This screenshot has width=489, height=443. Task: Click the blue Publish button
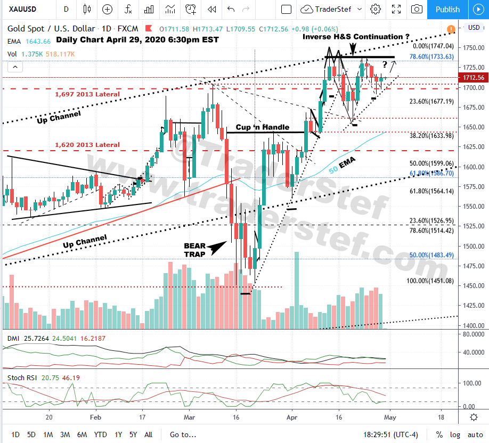click(x=447, y=9)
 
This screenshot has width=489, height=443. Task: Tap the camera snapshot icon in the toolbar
click(x=417, y=9)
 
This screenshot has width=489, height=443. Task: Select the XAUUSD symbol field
click(x=26, y=9)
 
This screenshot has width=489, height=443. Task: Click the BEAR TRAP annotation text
click(x=194, y=249)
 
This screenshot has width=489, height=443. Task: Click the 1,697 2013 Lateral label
click(x=87, y=94)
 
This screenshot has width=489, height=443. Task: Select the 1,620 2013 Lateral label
click(x=87, y=144)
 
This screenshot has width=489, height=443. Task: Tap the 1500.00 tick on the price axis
click(x=473, y=246)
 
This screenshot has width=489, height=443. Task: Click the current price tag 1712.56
click(x=473, y=78)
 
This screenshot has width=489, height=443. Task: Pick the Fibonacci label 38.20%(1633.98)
click(x=431, y=136)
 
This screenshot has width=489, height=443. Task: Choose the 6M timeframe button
click(x=81, y=434)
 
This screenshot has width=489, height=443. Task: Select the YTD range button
click(x=100, y=434)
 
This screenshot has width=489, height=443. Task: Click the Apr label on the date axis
click(x=290, y=417)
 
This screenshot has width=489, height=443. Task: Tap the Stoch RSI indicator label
click(x=22, y=378)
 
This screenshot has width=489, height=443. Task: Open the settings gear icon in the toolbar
click(x=376, y=9)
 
